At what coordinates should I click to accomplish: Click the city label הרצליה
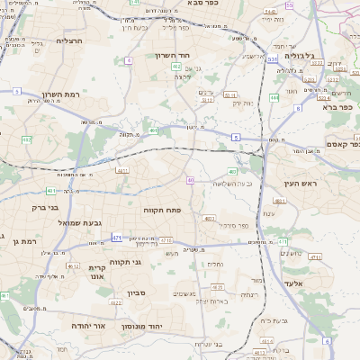coord(69,40)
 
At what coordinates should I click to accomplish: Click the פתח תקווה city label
coord(163,209)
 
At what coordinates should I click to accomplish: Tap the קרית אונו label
coord(99,271)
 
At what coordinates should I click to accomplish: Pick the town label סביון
coord(136,292)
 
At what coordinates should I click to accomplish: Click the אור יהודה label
coord(89,325)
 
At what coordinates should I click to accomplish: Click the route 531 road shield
coord(272,59)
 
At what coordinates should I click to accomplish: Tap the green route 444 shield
coord(274,97)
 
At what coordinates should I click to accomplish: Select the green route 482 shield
coord(27,139)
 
